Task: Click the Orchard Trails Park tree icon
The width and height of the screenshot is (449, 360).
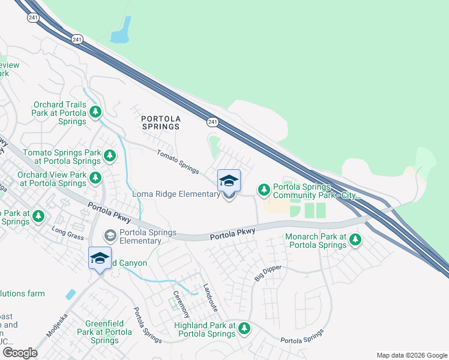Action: pos(95,112)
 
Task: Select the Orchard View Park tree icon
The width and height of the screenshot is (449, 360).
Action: pos(95,178)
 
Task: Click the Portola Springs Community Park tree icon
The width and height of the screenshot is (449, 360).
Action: pos(264,190)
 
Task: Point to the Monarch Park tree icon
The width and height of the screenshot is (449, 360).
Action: pos(355,240)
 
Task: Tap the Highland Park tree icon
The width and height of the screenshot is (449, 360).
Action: pos(244,328)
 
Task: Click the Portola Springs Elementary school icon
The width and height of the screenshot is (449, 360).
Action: pos(110,236)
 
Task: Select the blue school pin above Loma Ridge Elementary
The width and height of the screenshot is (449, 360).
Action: pos(229,181)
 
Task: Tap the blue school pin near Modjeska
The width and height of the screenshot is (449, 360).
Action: pos(100,258)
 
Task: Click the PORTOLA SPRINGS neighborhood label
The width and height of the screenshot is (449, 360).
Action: pos(160,122)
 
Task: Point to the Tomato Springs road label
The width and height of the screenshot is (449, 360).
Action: pos(178,161)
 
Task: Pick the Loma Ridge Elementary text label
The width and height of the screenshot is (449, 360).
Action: pos(176,194)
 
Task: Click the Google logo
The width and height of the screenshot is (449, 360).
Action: pos(20,352)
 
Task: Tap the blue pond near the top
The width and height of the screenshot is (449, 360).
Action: pos(122,31)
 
